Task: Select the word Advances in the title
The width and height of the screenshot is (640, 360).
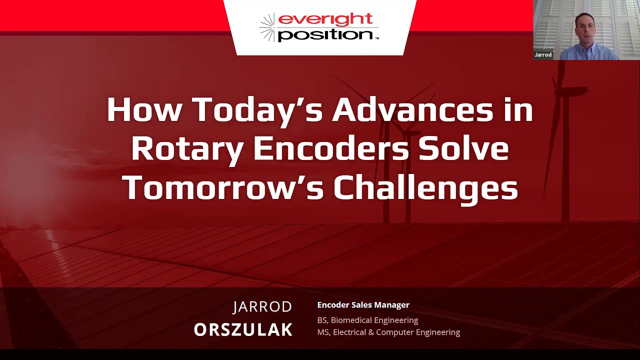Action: tap(412, 110)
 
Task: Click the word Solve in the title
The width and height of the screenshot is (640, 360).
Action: tap(464, 148)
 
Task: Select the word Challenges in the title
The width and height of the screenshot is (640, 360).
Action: tap(425, 187)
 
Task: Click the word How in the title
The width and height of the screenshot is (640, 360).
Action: tap(144, 110)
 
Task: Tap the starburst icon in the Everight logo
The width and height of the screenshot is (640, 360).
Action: tap(268, 27)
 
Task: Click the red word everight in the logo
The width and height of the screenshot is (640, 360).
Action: tap(325, 19)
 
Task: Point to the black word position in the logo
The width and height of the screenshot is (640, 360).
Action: tap(325, 34)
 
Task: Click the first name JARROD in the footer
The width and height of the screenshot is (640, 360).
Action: tap(262, 307)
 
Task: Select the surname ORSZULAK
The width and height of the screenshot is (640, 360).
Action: tap(243, 330)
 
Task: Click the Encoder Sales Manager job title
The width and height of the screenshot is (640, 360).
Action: tap(363, 305)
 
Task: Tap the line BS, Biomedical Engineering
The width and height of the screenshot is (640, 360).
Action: tap(367, 320)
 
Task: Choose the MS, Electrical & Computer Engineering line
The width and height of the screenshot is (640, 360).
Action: tap(388, 332)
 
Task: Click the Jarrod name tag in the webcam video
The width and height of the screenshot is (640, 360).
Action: tap(543, 55)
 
